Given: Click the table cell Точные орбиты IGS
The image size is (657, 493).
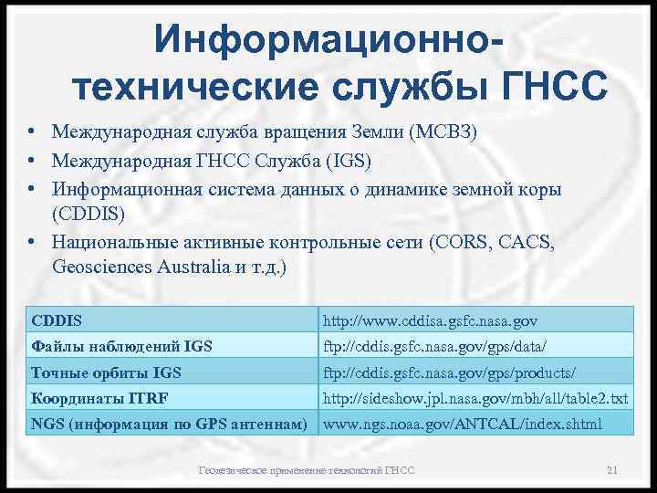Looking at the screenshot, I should click(106, 372).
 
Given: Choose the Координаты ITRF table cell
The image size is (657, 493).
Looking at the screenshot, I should click(99, 399).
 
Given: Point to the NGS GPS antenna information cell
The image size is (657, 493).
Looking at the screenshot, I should click(169, 425).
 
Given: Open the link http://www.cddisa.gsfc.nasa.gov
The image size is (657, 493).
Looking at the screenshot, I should click(431, 320).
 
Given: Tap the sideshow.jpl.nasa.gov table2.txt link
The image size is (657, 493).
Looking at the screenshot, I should click(476, 399).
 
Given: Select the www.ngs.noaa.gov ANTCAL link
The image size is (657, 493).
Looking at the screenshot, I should click(463, 425).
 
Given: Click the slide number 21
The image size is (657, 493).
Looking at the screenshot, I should click(611, 470).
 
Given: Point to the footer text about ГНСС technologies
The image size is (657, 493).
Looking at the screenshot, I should click(307, 470).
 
